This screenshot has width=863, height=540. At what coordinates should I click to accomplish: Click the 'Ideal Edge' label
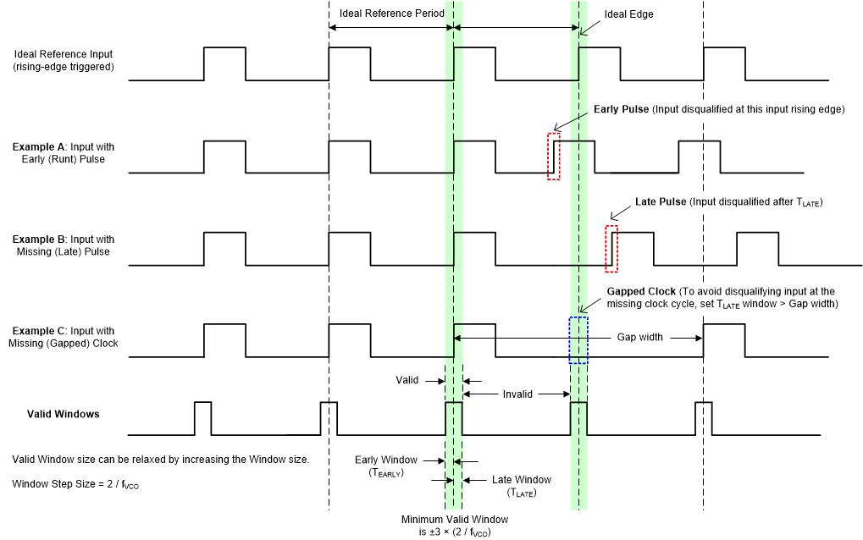[x=628, y=14]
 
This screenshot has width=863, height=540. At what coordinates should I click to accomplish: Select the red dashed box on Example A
[x=554, y=156]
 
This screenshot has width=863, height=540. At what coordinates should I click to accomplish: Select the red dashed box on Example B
[x=611, y=249]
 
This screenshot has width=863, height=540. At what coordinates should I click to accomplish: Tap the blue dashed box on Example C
[x=578, y=340]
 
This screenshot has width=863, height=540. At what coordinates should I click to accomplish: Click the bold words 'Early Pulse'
[x=621, y=109]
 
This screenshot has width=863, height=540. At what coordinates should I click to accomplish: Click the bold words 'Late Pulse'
[x=660, y=202]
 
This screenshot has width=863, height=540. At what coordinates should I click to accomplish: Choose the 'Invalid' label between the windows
[x=517, y=394]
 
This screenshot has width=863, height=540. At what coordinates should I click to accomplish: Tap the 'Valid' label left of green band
[x=407, y=380]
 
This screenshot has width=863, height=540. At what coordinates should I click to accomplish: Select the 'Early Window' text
[x=385, y=460]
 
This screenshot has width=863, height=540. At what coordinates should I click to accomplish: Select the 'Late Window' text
[x=521, y=480]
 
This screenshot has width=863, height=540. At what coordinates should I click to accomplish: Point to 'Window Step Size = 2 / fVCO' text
[x=75, y=485]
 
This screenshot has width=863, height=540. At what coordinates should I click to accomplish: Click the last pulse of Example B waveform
[x=756, y=247]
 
